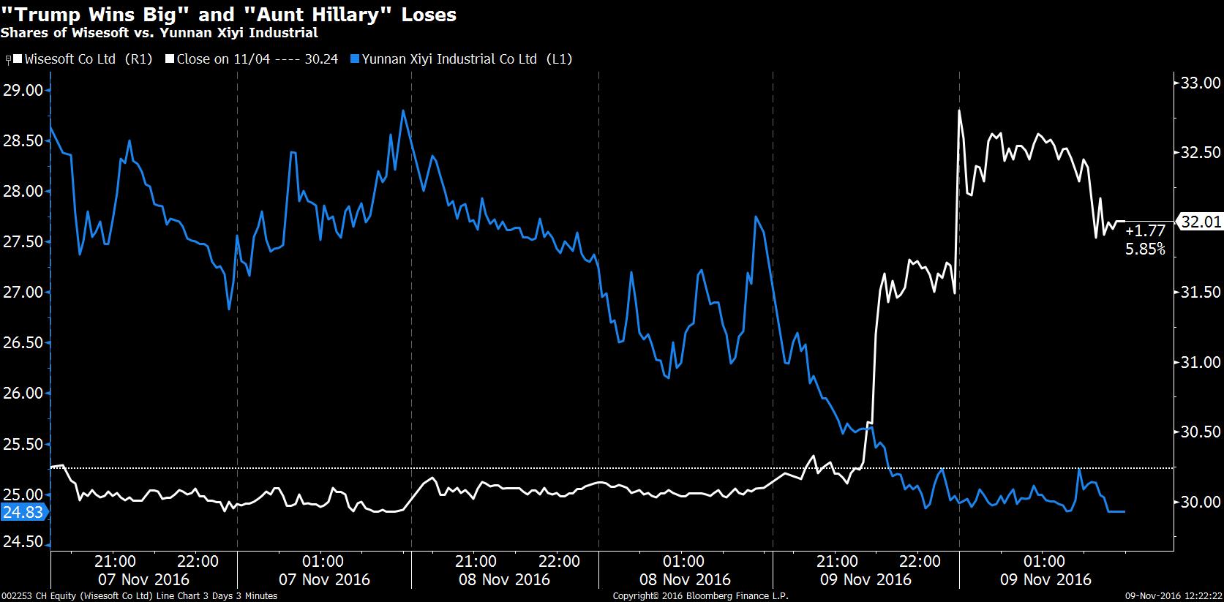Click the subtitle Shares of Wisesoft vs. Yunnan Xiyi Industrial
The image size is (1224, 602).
pos(159,33)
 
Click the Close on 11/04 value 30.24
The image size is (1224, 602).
pos(321,59)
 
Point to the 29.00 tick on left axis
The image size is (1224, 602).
pos(23,90)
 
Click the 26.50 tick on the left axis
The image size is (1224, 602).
pos(23,342)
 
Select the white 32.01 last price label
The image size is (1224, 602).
pos(1201,222)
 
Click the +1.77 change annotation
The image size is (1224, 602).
pos(1145,230)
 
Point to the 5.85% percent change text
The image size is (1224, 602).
pos(1145,249)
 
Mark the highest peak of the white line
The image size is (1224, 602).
pos(958,110)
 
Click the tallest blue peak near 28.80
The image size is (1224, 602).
pos(403,111)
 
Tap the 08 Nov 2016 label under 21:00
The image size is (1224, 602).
pos(505,579)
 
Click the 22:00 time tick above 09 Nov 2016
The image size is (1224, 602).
pos(919,562)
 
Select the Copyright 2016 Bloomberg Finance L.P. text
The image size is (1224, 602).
pos(700,596)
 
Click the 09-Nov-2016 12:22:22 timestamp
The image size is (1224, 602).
pos(1174,596)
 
